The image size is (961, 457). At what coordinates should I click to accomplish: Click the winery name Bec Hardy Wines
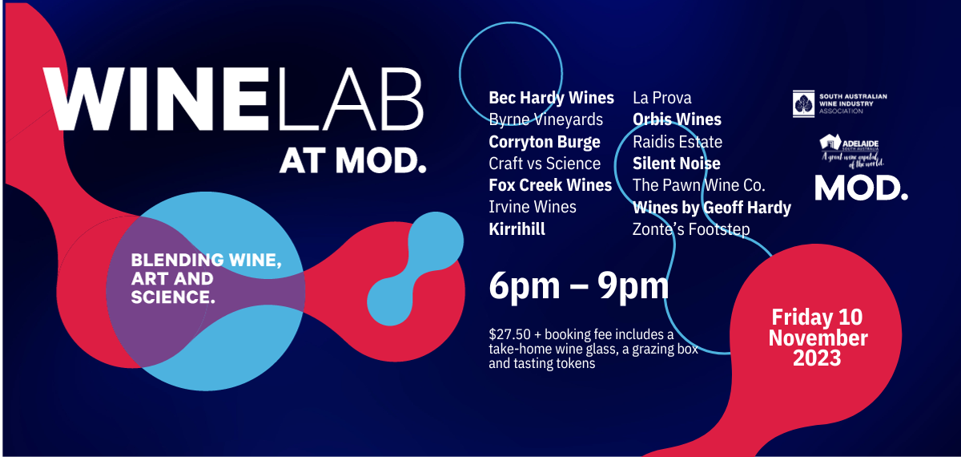click(551, 99)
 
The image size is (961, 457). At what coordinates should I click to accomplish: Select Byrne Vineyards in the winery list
click(545, 119)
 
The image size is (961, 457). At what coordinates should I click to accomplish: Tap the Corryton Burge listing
click(545, 142)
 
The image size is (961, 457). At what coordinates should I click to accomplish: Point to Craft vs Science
click(545, 164)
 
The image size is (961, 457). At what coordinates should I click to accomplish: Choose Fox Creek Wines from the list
click(550, 185)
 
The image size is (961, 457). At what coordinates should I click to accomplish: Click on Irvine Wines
click(533, 207)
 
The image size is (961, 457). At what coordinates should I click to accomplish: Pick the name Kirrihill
click(517, 229)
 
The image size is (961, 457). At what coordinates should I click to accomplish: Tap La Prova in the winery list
click(662, 98)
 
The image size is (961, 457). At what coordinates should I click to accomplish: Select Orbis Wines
click(677, 119)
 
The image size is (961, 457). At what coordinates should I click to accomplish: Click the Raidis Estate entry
click(678, 142)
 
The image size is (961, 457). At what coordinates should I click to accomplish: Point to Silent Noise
click(677, 164)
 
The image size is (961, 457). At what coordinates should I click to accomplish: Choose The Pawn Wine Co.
click(699, 185)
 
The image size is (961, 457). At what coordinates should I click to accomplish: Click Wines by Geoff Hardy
click(712, 208)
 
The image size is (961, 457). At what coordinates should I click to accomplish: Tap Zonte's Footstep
click(691, 229)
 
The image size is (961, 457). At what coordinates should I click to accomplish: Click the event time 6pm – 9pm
click(579, 286)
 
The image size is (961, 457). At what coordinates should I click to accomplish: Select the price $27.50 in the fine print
click(509, 334)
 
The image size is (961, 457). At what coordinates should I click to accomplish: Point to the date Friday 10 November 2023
click(818, 338)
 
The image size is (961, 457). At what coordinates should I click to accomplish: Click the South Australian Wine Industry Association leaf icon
click(803, 103)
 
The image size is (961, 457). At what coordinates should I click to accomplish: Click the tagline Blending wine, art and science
click(207, 278)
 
